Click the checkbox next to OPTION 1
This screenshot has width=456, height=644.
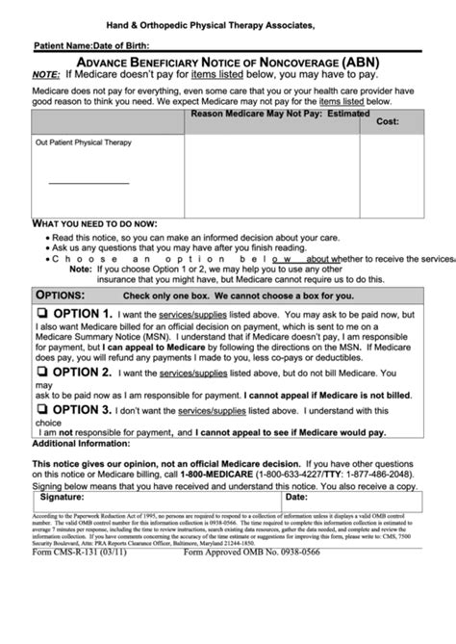42,315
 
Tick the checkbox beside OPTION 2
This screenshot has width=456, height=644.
42,373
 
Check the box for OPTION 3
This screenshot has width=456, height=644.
42,409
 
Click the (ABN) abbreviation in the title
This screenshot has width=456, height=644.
355,61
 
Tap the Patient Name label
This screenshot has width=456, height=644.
63,45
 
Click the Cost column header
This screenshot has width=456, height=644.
388,122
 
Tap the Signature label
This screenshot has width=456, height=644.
61,498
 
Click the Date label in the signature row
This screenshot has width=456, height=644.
295,498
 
